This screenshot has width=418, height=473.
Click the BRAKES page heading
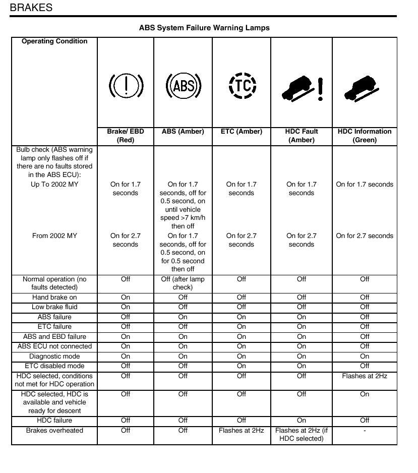pyautogui.click(x=31, y=8)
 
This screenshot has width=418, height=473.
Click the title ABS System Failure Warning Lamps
pyautogui.click(x=204, y=28)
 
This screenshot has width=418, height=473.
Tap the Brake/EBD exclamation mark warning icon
pyautogui.click(x=126, y=86)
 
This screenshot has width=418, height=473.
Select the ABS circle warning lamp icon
pyautogui.click(x=184, y=86)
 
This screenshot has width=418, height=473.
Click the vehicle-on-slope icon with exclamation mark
pyautogui.click(x=302, y=89)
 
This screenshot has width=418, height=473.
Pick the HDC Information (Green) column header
pyautogui.click(x=365, y=136)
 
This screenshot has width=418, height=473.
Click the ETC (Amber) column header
pyautogui.click(x=242, y=132)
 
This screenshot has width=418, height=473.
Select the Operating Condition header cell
pyautogui.click(x=54, y=41)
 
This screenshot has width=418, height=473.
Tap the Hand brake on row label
pyautogui.click(x=54, y=298)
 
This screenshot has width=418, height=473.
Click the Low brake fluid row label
pyautogui.click(x=54, y=307)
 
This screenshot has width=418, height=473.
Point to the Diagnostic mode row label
pyautogui.click(x=54, y=357)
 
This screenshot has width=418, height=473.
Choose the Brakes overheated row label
pyautogui.click(x=54, y=431)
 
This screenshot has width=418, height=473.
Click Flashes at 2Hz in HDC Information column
pyautogui.click(x=365, y=376)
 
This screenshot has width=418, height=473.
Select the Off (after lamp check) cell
pyautogui.click(x=183, y=283)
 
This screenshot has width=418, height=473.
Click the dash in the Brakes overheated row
pyautogui.click(x=365, y=431)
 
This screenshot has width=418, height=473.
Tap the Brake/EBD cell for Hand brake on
pyautogui.click(x=126, y=298)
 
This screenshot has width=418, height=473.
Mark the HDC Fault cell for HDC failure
pyautogui.click(x=302, y=421)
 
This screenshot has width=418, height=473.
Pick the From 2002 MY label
pyautogui.click(x=54, y=236)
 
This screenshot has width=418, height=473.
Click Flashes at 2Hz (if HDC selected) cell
pyautogui.click(x=302, y=435)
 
